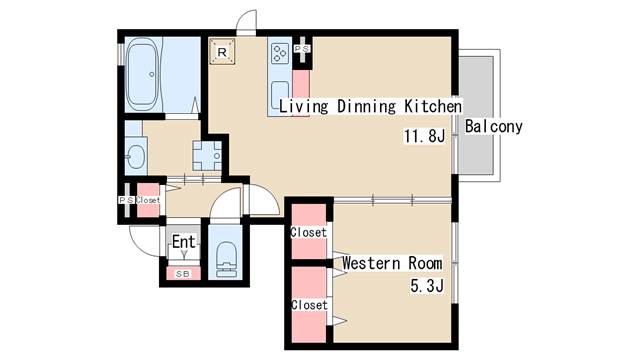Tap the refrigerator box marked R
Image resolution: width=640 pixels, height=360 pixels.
[222, 51]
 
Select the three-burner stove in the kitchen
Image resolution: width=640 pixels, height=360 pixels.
[280, 54]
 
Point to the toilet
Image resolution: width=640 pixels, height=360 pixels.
[226, 259]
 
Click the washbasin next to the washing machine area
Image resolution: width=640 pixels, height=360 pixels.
[135, 156]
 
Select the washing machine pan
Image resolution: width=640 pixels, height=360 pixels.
[207, 156]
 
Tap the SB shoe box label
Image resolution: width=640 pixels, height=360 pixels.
[183, 274]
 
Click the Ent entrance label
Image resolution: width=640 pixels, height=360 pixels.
[184, 242]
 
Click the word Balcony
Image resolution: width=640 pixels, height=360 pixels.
[493, 127]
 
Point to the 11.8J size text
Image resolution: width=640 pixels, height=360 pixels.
[424, 136]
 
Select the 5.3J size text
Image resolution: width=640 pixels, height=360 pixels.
[427, 286]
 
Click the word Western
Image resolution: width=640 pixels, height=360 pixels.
[371, 263]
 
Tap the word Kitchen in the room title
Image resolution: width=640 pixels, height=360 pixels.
[433, 106]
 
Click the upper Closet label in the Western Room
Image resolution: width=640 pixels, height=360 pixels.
[309, 233]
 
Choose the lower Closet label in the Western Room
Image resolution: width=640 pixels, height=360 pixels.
[309, 305]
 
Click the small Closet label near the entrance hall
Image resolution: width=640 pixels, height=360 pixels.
[148, 200]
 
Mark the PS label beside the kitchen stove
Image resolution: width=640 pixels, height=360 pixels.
[302, 49]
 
